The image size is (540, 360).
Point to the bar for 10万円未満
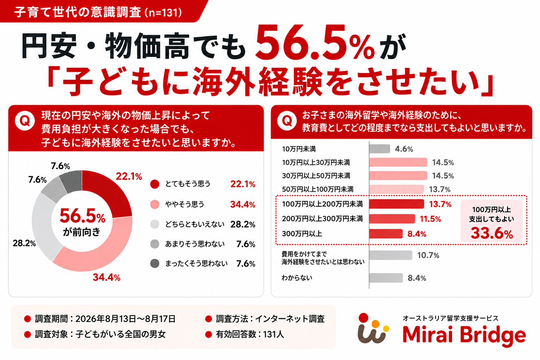[x=379, y=149]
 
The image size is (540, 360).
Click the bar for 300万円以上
[x=386, y=234]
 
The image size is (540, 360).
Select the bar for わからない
[x=386, y=278]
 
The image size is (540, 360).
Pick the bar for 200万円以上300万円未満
[x=392, y=219]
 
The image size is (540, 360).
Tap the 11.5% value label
[x=430, y=219]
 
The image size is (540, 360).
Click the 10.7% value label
[x=428, y=255]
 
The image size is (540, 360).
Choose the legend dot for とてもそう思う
[x=155, y=184]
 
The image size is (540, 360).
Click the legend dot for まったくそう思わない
[x=155, y=264]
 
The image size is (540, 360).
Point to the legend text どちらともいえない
[x=195, y=224]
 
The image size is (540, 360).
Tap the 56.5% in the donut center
[x=83, y=216]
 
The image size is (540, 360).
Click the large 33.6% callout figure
[x=492, y=233]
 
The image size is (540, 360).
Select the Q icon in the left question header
[x=25, y=121]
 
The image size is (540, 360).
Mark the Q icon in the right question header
[x=287, y=121]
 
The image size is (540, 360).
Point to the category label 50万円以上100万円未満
[x=318, y=189]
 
